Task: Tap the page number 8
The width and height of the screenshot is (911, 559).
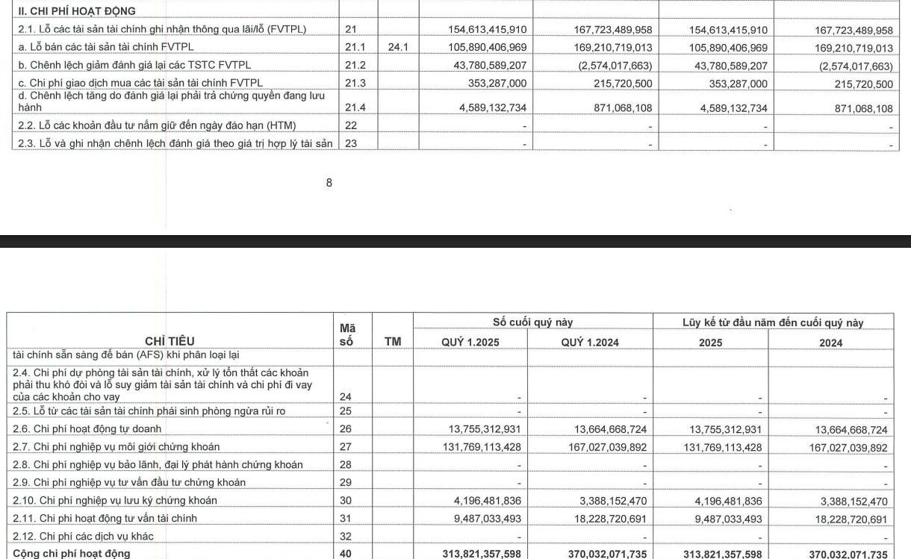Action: click(329, 182)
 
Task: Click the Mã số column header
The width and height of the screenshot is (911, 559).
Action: click(346, 334)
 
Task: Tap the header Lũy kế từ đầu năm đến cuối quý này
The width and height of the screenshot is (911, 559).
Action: click(774, 322)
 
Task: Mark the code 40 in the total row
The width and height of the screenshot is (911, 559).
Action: click(348, 553)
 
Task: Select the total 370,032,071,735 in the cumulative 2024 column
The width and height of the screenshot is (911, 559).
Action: click(845, 553)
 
